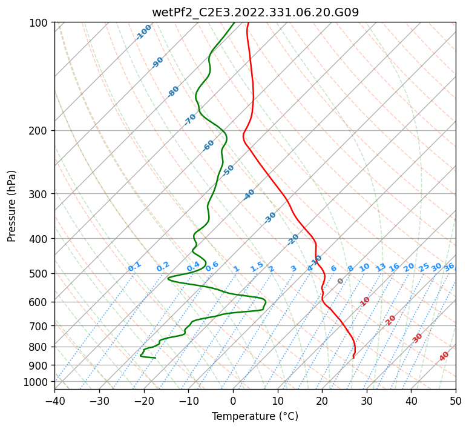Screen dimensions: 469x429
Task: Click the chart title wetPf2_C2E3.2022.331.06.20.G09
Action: (255, 13)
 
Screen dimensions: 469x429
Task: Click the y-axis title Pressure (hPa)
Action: (11, 206)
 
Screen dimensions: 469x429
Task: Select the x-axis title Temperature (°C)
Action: (255, 416)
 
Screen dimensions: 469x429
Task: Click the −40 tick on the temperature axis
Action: (54, 401)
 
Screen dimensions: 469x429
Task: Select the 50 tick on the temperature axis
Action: (456, 401)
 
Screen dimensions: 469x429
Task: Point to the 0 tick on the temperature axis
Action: (234, 401)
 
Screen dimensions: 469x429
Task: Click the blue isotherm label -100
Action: (143, 32)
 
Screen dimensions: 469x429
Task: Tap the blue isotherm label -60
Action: (208, 145)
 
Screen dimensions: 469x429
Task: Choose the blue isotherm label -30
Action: (270, 218)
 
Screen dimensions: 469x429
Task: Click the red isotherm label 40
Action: (444, 356)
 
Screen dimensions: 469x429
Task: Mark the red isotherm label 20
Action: (390, 321)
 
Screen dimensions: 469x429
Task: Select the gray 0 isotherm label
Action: (340, 281)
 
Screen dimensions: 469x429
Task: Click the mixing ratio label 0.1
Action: (134, 267)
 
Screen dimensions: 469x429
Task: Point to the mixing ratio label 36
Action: (449, 267)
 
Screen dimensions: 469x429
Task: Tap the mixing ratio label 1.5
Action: (257, 267)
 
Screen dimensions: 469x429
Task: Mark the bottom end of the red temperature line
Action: (353, 358)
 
